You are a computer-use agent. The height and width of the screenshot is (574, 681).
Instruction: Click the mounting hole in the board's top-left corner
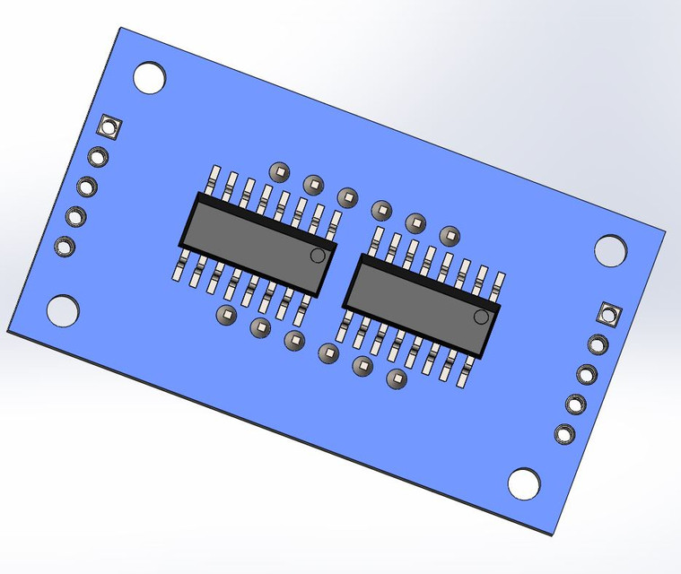pyautogui.click(x=151, y=77)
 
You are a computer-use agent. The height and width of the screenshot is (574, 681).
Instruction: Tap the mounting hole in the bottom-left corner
pyautogui.click(x=63, y=311)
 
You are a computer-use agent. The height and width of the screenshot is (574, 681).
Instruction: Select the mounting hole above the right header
pyautogui.click(x=611, y=250)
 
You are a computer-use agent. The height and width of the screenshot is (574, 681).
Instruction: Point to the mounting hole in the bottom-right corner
pyautogui.click(x=524, y=483)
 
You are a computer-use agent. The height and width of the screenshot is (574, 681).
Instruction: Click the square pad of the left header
pyautogui.click(x=110, y=126)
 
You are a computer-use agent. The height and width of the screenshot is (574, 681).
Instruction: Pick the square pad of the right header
pyautogui.click(x=610, y=314)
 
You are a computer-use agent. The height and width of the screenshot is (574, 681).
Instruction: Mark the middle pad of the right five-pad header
pyautogui.click(x=587, y=374)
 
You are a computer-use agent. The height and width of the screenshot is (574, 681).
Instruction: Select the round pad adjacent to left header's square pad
pyautogui.click(x=99, y=157)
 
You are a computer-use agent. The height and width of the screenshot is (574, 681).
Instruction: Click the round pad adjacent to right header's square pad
pyautogui.click(x=598, y=344)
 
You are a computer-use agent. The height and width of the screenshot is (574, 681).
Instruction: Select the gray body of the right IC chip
pyautogui.click(x=420, y=305)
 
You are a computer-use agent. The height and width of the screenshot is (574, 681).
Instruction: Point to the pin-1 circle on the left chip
pyautogui.click(x=318, y=256)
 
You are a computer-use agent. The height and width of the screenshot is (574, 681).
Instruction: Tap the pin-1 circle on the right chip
pyautogui.click(x=482, y=317)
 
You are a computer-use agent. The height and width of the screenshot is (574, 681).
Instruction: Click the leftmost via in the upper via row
pyautogui.click(x=280, y=171)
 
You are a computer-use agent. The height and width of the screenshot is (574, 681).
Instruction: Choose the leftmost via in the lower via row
pyautogui.click(x=225, y=315)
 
